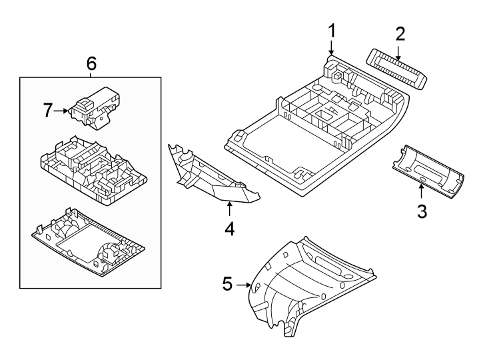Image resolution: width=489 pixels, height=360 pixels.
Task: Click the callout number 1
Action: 332,30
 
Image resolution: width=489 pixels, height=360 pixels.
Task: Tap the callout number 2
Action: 400,33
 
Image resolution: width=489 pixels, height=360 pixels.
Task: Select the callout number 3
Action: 421,213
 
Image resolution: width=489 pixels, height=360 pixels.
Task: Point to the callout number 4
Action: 229,229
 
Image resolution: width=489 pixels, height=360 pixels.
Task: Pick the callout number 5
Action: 227,285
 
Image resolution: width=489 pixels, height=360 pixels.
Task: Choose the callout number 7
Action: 48,111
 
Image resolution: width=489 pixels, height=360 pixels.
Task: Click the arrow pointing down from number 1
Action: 332,48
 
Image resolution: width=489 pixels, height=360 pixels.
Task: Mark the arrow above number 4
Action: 229,209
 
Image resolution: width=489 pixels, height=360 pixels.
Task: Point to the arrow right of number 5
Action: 245,285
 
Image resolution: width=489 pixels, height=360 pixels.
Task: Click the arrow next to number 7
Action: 64,111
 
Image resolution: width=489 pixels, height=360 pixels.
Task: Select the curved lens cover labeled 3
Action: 430,171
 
